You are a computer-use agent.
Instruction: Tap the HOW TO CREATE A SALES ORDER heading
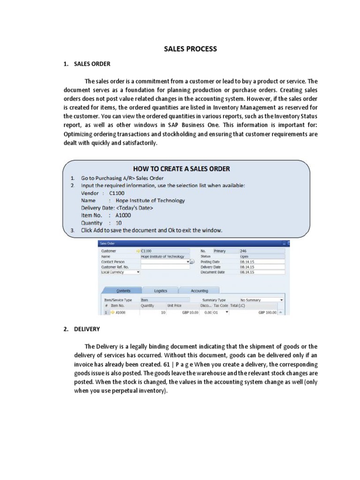181,169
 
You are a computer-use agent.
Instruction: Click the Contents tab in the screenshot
123,291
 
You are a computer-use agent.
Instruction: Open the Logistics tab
160,291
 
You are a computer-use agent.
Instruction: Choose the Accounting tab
199,291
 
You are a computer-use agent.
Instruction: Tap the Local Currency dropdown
120,272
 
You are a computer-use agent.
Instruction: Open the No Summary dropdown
261,300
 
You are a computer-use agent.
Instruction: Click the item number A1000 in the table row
120,312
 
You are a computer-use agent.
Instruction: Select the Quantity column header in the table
148,305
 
